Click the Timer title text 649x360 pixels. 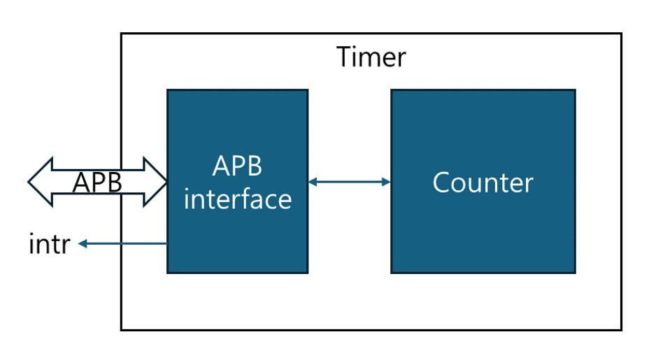tap(371, 57)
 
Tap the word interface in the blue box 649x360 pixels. tap(237, 199)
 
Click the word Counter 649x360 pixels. tap(483, 182)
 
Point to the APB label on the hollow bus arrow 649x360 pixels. tap(98, 182)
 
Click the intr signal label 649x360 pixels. tap(49, 245)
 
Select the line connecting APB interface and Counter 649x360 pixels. tap(349, 182)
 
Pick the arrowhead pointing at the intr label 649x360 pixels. tap(83, 243)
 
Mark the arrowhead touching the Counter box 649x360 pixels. tap(386, 182)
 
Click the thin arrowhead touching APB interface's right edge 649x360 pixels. tap(313, 182)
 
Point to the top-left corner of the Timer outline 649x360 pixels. tap(121, 34)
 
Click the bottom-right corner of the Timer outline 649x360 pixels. tap(621, 329)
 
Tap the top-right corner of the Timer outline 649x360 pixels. tap(621, 34)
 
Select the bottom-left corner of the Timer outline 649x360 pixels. tap(121, 329)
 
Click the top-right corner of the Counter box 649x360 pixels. tap(575, 90)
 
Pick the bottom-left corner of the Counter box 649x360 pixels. tap(392, 273)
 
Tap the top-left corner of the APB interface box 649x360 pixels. tap(167, 90)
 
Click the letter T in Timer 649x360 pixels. tap(344, 57)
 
